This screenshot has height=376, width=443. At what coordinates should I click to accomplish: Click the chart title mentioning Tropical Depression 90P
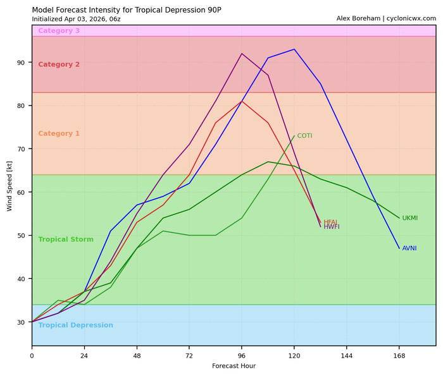click(127, 10)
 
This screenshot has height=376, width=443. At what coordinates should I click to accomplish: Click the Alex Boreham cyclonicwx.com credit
click(386, 19)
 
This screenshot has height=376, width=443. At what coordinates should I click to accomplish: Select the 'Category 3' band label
click(59, 31)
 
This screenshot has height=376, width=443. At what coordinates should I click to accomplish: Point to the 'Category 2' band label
click(59, 64)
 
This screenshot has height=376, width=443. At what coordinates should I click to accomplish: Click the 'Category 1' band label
click(59, 134)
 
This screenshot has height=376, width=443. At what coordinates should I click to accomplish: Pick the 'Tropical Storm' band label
click(66, 240)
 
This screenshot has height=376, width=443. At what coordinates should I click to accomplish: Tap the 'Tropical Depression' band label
click(75, 325)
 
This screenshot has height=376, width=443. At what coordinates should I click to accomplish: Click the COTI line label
click(304, 136)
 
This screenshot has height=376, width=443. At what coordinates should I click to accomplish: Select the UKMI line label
click(410, 218)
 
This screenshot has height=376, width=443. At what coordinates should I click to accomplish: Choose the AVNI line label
click(409, 248)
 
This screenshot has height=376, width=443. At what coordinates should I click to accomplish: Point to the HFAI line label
click(330, 222)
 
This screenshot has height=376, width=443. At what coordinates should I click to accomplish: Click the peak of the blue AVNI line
click(294, 49)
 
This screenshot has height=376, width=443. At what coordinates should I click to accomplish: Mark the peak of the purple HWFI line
click(242, 54)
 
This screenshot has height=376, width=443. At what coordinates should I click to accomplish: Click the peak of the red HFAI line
click(242, 101)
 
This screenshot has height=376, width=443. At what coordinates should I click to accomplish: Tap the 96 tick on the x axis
click(242, 355)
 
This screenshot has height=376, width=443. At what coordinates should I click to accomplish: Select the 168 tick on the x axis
click(399, 355)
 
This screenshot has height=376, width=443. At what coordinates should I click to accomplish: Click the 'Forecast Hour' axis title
click(234, 366)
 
